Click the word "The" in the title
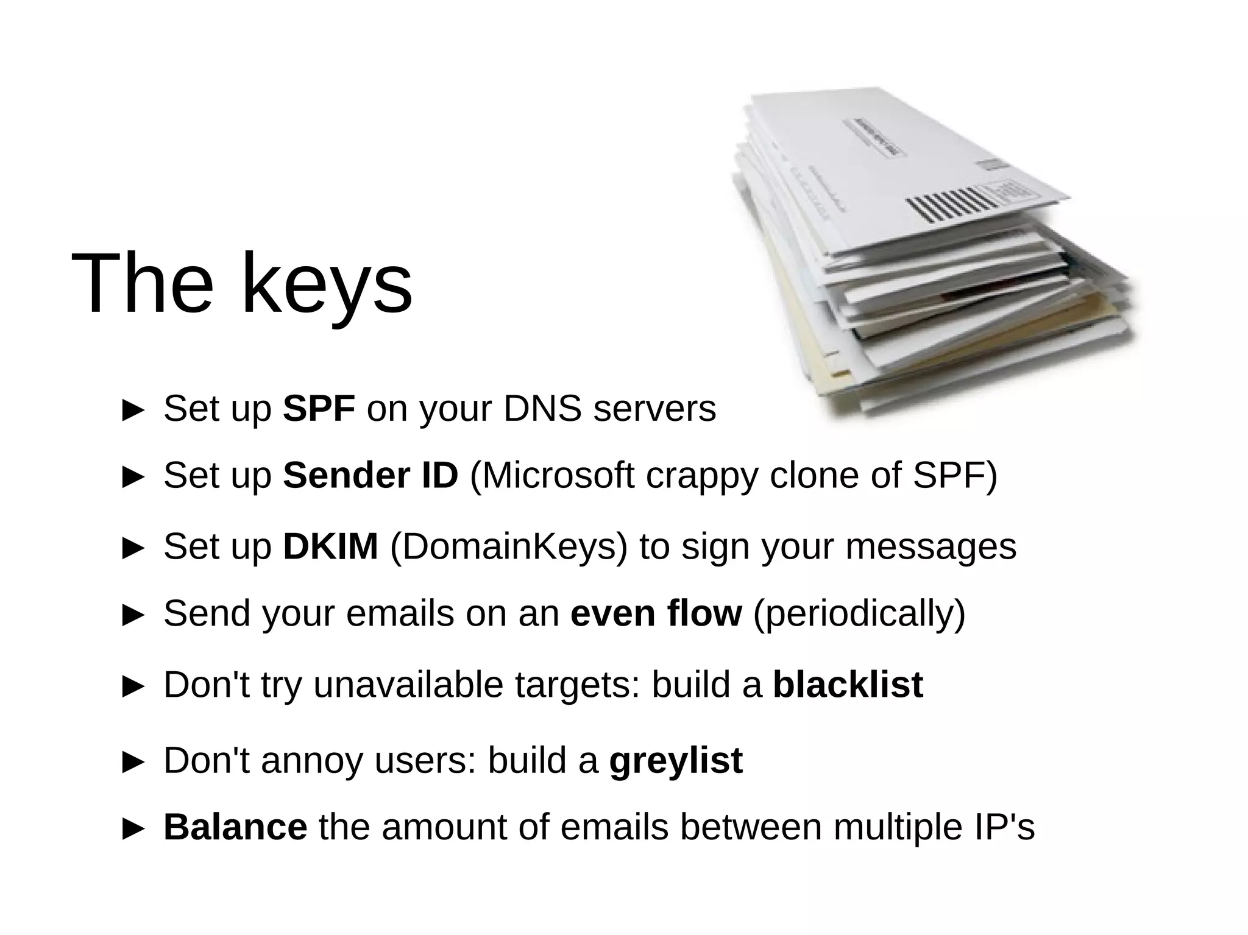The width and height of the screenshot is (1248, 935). point(143,283)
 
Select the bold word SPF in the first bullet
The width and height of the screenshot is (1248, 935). point(319,408)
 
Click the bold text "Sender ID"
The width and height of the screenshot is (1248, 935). point(370,475)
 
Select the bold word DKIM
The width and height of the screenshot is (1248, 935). point(330,546)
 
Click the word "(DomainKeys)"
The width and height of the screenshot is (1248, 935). point(508,547)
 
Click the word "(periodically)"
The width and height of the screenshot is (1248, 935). point(859,614)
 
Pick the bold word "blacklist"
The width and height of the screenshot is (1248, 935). point(848,684)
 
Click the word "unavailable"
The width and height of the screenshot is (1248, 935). point(408,684)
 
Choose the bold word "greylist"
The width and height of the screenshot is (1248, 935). point(676,761)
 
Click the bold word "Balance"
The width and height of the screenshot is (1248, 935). point(235,827)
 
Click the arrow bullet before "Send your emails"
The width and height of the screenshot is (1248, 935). point(133,615)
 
